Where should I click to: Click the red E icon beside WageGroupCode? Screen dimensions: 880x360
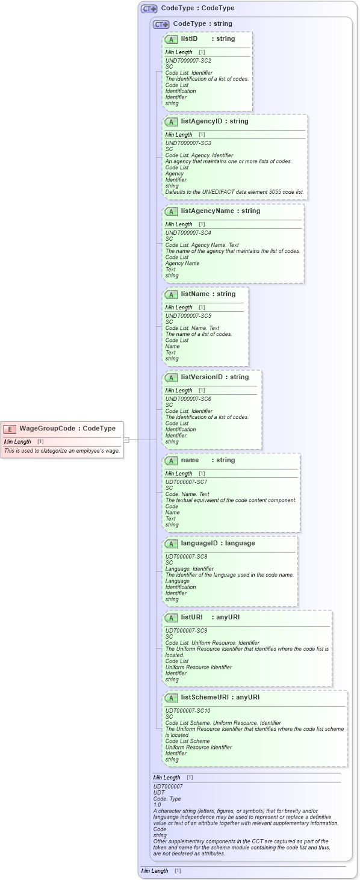(10, 429)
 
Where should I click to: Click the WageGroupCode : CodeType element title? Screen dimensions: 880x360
(67, 429)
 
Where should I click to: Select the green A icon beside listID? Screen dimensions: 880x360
(171, 39)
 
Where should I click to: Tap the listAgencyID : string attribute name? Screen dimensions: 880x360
(214, 122)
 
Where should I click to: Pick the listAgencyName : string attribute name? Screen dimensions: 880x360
(220, 211)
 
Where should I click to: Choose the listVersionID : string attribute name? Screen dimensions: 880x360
(214, 377)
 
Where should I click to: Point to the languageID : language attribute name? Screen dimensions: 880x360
(217, 544)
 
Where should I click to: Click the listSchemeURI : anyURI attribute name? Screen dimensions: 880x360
(220, 698)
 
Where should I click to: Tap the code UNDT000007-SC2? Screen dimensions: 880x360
(188, 61)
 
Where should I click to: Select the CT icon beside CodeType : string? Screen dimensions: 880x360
(161, 25)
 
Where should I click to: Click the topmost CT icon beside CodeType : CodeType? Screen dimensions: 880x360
(149, 9)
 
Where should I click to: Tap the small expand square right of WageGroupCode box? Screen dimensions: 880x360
(126, 439)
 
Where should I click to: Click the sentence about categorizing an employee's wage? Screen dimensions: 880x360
(62, 451)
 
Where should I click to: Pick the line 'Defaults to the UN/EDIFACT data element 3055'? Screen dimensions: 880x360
(235, 192)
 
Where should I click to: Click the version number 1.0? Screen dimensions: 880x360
(157, 805)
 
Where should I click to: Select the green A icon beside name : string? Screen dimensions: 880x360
(171, 460)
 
